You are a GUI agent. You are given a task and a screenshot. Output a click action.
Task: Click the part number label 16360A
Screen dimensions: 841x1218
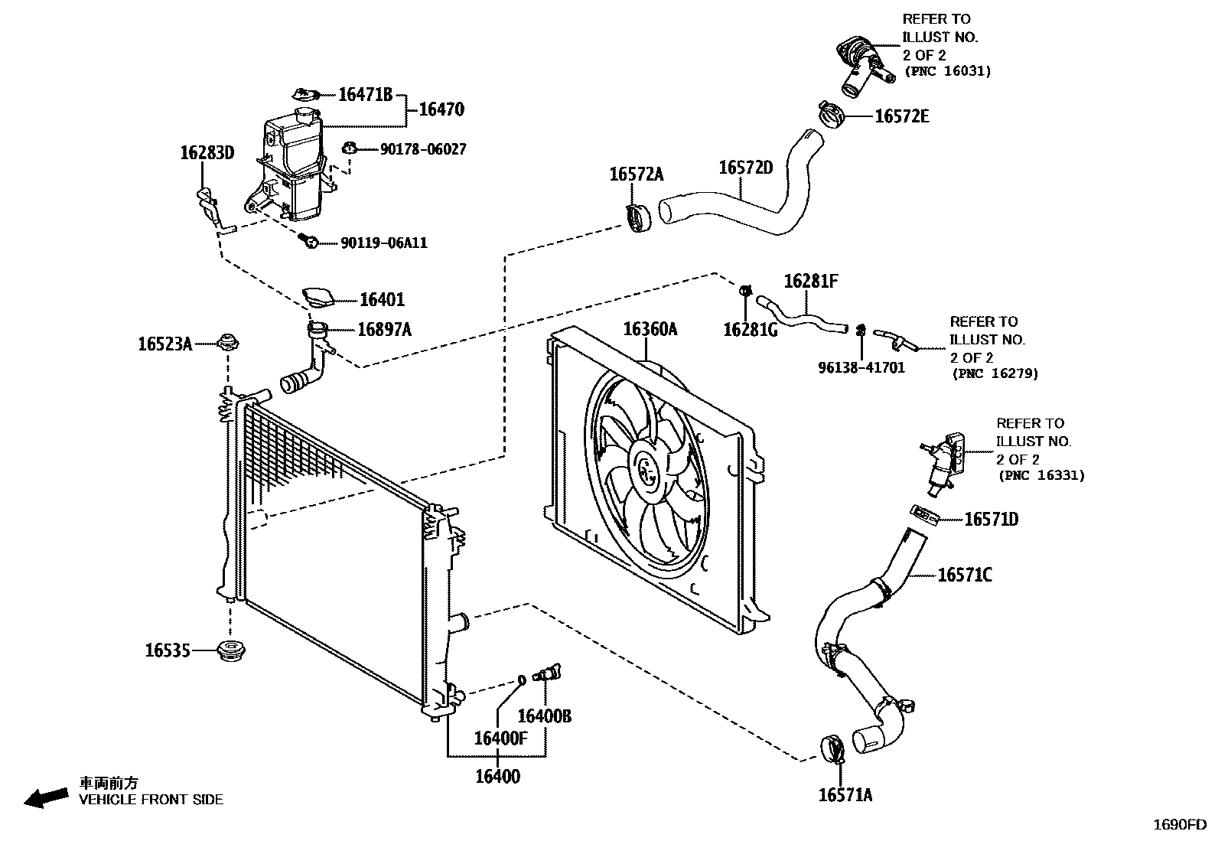650,329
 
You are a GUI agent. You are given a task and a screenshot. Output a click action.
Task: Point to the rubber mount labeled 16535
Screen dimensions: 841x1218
231,652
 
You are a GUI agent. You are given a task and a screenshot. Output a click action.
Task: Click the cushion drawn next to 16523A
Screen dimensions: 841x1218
226,342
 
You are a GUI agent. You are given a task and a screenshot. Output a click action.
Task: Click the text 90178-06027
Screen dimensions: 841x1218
422,149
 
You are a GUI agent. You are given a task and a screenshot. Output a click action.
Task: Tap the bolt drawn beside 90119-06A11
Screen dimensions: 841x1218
309,242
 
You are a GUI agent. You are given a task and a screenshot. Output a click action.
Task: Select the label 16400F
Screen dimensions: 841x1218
500,738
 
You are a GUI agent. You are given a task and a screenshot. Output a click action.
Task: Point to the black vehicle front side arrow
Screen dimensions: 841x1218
45,797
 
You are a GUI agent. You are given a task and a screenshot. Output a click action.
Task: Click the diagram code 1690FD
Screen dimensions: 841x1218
1179,825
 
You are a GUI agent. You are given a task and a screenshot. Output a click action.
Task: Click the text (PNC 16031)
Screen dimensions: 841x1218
947,71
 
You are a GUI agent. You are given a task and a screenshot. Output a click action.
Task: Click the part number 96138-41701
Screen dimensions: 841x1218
861,367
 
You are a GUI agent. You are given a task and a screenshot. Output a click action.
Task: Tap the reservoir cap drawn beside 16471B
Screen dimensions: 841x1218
306,95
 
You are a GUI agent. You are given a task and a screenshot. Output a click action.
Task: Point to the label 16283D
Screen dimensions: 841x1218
207,152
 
